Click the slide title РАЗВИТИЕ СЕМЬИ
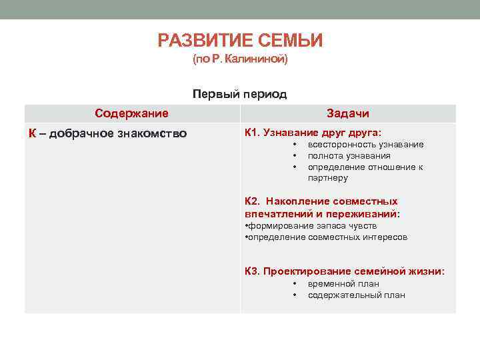[x=240, y=41]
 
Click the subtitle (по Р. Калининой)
[x=240, y=60]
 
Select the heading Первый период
[x=240, y=94]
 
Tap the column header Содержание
[x=131, y=113]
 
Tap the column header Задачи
[x=347, y=113]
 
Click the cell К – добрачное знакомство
[x=107, y=133]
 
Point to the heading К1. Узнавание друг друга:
[x=313, y=133]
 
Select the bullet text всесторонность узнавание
[x=365, y=145]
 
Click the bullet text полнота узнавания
[x=349, y=156]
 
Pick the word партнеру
[x=327, y=178]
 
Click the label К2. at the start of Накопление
[x=253, y=201]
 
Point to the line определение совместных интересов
[x=326, y=237]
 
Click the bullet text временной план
[x=343, y=283]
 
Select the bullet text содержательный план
[x=356, y=295]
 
